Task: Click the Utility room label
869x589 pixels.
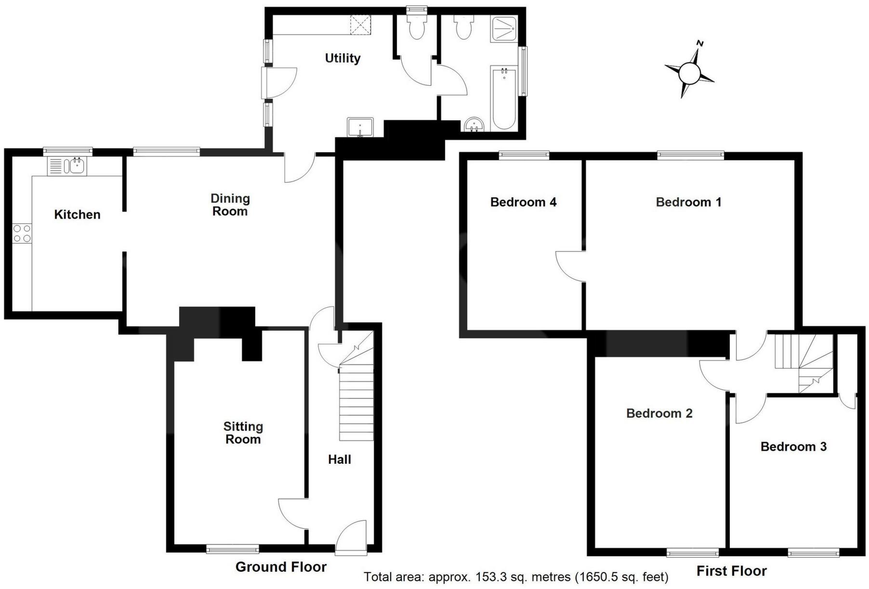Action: tap(342, 58)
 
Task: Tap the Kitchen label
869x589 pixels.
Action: tap(77, 214)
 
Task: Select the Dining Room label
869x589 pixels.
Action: tap(230, 205)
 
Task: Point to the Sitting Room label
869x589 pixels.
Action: tap(243, 432)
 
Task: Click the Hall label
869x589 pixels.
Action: tap(340, 459)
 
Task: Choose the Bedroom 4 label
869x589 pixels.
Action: tap(523, 202)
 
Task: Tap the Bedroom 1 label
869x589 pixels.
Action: tap(688, 202)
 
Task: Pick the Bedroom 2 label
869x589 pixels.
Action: tap(659, 413)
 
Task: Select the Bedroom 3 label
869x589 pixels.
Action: tap(793, 446)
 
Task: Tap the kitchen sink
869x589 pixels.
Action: tap(76, 166)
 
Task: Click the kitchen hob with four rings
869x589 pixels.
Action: tap(22, 233)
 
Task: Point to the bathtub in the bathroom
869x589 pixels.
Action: tap(504, 99)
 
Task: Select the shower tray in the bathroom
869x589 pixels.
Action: tap(504, 29)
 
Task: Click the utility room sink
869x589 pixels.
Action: tap(360, 127)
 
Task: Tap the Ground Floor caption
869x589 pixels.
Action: tap(281, 567)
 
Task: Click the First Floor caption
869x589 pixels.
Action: tap(731, 571)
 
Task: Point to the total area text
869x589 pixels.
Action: tap(516, 576)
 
